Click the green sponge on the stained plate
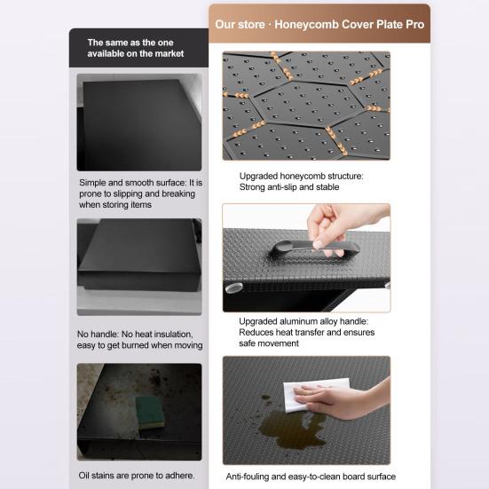(150, 413)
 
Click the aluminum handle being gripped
(314, 248)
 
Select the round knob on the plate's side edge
(233, 288)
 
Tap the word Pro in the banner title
(414, 25)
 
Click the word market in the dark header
(170, 53)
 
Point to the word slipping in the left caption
(127, 193)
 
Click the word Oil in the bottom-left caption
(84, 476)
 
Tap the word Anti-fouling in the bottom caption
(248, 477)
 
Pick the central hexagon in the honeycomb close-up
(304, 104)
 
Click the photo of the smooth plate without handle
(139, 267)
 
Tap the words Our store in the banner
(240, 25)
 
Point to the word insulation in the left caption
(173, 335)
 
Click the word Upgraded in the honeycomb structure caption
(258, 177)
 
